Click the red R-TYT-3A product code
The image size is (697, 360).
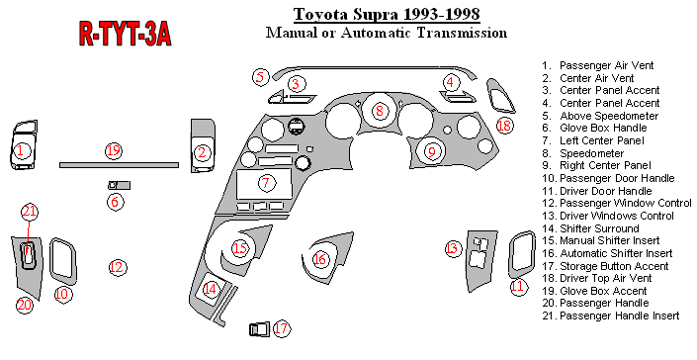tap(125, 34)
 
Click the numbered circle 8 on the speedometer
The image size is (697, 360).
tap(380, 110)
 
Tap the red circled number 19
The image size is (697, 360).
tap(114, 150)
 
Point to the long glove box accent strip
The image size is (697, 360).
tap(119, 165)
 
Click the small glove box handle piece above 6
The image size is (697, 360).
tap(119, 185)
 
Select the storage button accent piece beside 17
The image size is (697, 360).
tap(259, 329)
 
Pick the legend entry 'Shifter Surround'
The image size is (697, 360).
tap(599, 228)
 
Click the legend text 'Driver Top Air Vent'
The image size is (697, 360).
tap(605, 278)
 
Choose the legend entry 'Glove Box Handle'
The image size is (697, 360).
tap(603, 128)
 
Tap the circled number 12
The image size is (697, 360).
tap(118, 267)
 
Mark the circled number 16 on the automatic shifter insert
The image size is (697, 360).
tap(320, 259)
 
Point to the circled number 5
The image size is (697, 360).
tap(260, 77)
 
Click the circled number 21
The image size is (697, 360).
tap(30, 212)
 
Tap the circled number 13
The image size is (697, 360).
tap(452, 248)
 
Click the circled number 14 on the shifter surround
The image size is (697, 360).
tap(211, 290)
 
